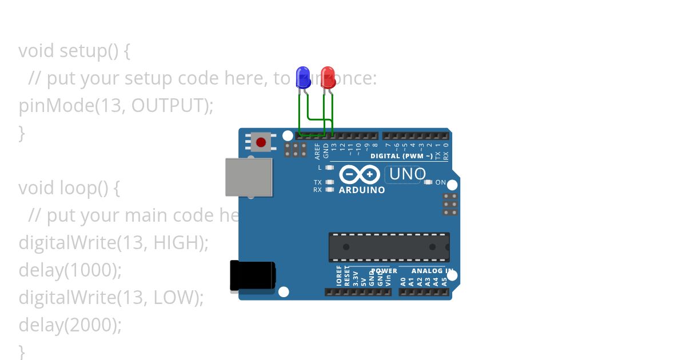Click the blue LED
click(x=302, y=77)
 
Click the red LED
click(x=328, y=77)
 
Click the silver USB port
click(x=249, y=177)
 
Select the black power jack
click(x=252, y=276)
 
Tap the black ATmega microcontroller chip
click(x=389, y=247)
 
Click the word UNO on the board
click(x=408, y=174)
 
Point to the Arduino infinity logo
click(x=360, y=174)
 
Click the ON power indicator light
click(x=428, y=182)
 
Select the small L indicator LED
click(x=329, y=167)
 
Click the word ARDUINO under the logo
click(x=362, y=190)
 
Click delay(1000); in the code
click(x=70, y=270)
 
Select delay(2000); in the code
click(x=70, y=325)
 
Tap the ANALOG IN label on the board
click(x=433, y=271)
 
